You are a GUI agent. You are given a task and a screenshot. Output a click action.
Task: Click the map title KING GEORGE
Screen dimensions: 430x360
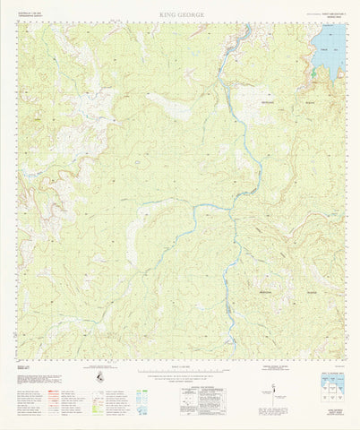click(x=180, y=15)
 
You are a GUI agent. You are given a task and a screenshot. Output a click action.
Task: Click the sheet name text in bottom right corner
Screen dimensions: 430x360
click(x=332, y=417)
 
